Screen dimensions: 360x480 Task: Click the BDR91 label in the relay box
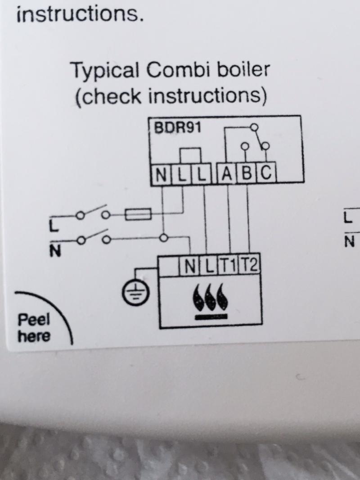tap(178, 127)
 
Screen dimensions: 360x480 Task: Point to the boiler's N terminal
tap(190, 266)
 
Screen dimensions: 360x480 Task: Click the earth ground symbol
tap(136, 292)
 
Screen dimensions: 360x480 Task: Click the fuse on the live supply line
tap(139, 214)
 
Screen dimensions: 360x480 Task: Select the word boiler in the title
tap(243, 69)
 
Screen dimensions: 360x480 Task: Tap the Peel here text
tap(34, 328)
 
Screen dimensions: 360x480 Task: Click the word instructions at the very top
tap(80, 14)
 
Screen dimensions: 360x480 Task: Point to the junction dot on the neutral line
tap(164, 238)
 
